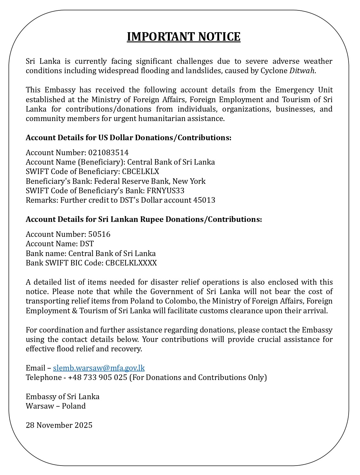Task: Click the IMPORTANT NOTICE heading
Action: (183, 37)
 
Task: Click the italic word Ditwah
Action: (302, 71)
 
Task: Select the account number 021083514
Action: (108, 153)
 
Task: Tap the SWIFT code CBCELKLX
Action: (140, 171)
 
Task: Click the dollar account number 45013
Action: (204, 200)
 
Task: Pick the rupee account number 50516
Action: (99, 234)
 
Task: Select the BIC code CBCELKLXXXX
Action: (131, 263)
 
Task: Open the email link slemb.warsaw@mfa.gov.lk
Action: (99, 368)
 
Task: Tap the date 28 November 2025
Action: (59, 425)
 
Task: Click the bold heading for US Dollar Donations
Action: (128, 138)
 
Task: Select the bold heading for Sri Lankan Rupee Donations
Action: (144, 219)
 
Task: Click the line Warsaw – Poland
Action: (56, 406)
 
